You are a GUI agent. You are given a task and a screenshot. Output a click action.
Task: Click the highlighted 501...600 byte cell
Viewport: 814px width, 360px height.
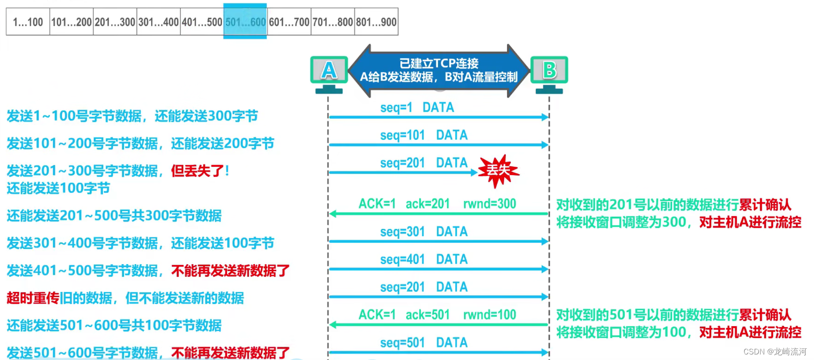[245, 21]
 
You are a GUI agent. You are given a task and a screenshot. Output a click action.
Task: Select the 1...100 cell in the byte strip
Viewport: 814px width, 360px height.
[28, 22]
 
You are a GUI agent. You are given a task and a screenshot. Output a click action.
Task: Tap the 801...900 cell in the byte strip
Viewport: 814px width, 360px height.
[376, 22]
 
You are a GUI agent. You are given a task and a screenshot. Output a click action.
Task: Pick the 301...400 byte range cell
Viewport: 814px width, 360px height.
[159, 22]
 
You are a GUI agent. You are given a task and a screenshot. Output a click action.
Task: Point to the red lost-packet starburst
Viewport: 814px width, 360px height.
[498, 171]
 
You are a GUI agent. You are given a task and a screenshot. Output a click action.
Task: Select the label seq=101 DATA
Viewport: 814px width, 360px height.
[424, 135]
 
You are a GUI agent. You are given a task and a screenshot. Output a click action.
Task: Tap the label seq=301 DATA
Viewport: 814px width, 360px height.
[424, 232]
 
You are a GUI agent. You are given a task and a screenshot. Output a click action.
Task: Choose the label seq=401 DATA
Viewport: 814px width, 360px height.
[424, 259]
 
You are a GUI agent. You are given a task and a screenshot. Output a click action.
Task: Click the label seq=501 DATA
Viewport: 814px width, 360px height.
[424, 343]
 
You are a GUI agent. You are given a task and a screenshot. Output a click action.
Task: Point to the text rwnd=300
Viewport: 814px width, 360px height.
[490, 204]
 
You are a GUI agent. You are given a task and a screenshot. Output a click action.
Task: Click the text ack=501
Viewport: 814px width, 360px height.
[427, 315]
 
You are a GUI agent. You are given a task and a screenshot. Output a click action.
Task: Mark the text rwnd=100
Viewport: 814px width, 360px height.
[490, 315]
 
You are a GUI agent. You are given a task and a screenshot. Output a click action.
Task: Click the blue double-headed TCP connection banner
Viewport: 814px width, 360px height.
[439, 70]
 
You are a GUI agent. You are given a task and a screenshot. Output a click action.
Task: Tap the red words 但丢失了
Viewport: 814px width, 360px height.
[197, 171]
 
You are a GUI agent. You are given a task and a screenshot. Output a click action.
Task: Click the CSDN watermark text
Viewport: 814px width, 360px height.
[775, 352]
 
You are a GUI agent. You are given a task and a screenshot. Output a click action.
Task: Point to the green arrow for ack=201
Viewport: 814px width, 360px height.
[438, 214]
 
